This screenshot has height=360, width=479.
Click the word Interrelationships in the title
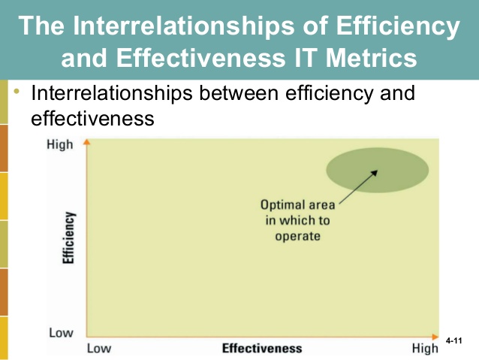coord(184,26)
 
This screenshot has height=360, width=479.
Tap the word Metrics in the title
coord(371,58)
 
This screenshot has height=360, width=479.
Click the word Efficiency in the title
coord(398,26)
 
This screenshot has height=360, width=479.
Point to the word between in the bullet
coord(239,92)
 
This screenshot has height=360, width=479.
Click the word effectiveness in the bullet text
coord(92,118)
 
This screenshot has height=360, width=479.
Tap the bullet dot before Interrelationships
coord(17,91)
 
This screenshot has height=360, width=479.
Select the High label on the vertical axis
coord(60,144)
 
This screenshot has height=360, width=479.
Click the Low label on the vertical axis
coord(61,332)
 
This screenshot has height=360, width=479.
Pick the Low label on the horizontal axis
coord(99,349)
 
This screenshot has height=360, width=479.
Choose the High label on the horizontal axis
coord(425,349)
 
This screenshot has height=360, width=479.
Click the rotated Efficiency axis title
coord(69,237)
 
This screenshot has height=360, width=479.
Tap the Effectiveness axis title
coord(262,349)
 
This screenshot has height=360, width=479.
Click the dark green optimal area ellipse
coord(378,170)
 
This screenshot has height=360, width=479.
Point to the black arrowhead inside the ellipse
coord(375,173)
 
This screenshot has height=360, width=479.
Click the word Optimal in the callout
coord(279,205)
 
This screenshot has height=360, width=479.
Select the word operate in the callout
coord(297,237)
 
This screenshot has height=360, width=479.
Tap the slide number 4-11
coord(453,340)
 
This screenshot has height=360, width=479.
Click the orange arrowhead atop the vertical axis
coord(87,142)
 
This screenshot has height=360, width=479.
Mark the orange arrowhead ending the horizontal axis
coord(435,337)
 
